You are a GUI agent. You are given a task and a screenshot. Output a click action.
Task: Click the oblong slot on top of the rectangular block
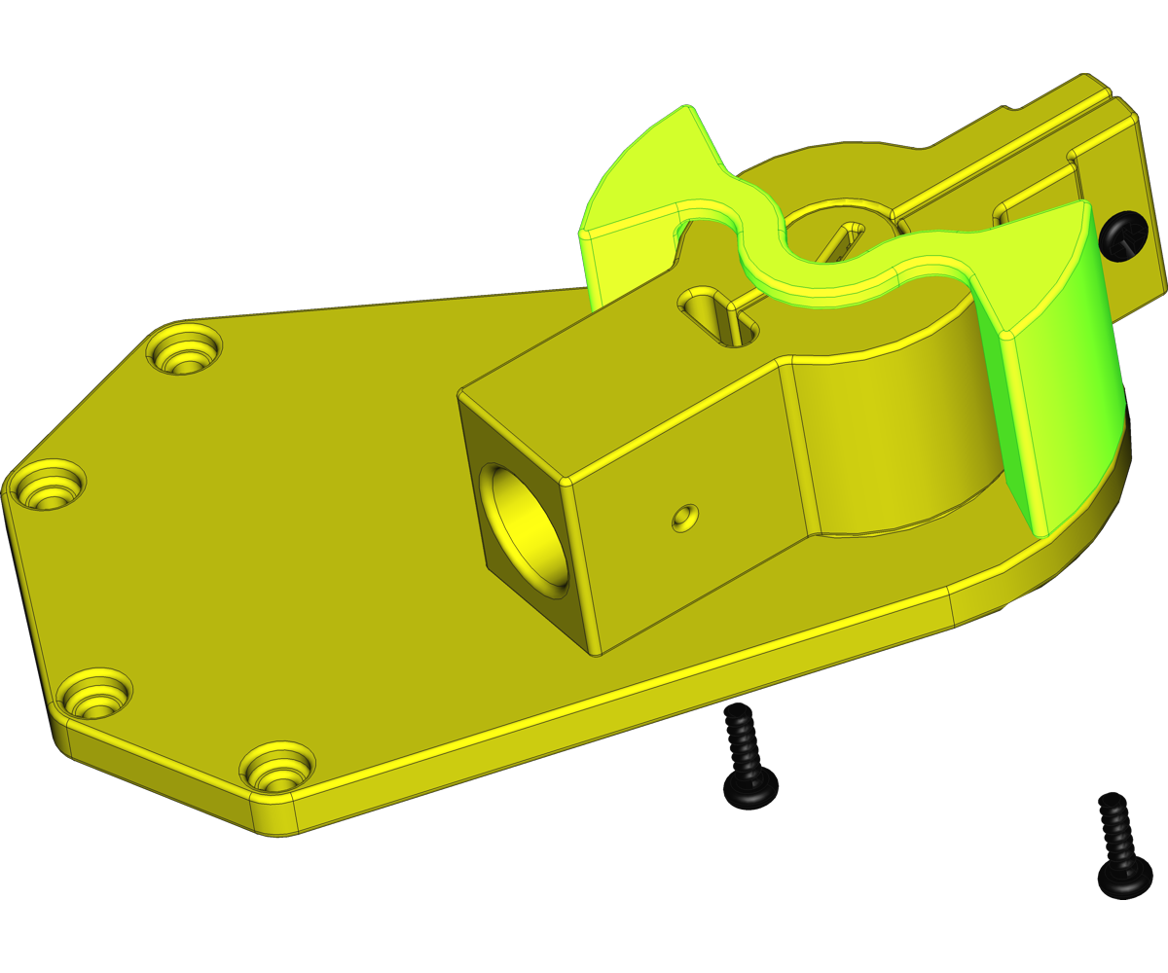coord(720,315)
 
